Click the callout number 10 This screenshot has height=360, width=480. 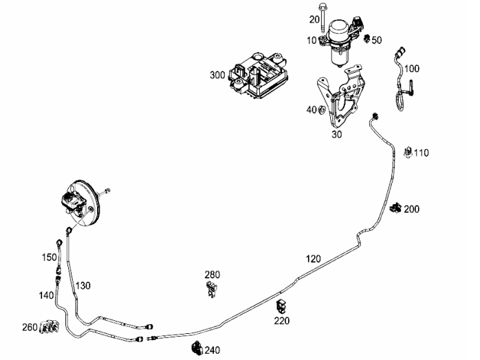312,41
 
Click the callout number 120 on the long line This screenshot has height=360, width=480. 313,259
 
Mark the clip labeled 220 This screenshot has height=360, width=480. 282,306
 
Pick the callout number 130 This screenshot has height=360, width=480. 83,285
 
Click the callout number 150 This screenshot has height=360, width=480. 49,258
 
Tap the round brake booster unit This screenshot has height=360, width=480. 81,203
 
